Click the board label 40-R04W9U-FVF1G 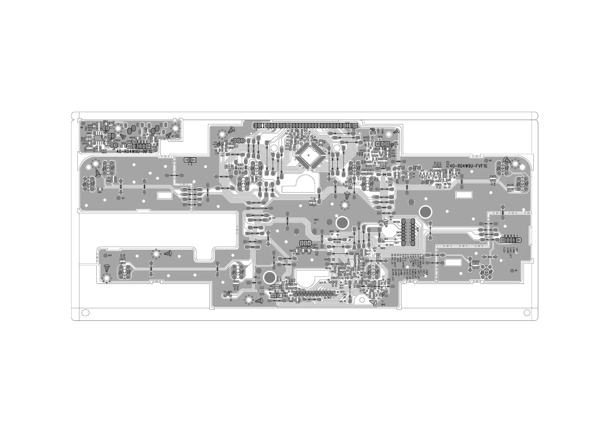pos(468,166)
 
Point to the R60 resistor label pos(99,192)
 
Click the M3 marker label pos(123,198)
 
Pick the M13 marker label pos(110,255)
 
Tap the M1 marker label pos(516,270)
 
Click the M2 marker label pos(490,160)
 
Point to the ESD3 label pos(314,245)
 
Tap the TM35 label pos(380,137)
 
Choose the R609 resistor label pos(123,143)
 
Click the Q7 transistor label pos(383,277)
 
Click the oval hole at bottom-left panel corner pos(85,312)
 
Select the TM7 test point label pos(274,218)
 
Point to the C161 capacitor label pos(298,302)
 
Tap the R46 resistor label pos(108,181)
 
